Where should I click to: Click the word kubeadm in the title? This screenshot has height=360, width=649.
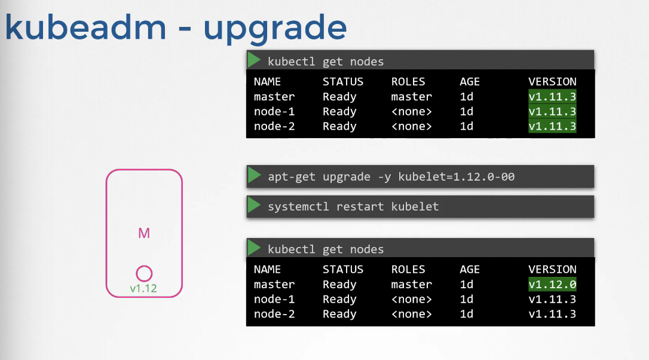[85, 26]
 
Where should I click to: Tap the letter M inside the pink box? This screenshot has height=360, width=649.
[144, 233]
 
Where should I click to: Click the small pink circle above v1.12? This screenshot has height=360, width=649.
[144, 273]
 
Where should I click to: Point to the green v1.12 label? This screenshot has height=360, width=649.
[143, 288]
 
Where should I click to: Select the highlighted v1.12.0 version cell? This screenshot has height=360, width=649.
[552, 284]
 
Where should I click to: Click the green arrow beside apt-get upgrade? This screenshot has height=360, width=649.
[254, 176]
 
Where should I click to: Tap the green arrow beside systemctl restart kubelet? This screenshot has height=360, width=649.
[254, 206]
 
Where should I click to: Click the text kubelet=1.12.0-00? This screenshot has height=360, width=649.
[457, 177]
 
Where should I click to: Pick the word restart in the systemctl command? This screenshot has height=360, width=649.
[360, 206]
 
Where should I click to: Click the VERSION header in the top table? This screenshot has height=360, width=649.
[552, 81]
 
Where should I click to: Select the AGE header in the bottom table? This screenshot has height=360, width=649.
[470, 269]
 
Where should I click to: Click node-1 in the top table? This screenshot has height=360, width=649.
[274, 111]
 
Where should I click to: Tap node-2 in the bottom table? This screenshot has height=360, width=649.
[274, 314]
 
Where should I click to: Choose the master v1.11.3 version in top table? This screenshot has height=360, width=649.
[552, 96]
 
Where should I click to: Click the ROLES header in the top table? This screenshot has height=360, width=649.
[408, 81]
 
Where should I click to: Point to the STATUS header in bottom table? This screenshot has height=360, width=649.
[342, 269]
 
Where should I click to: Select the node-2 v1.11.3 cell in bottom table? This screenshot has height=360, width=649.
[552, 314]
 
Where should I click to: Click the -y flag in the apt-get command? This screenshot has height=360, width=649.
[384, 177]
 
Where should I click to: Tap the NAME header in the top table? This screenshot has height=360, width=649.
[267, 81]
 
